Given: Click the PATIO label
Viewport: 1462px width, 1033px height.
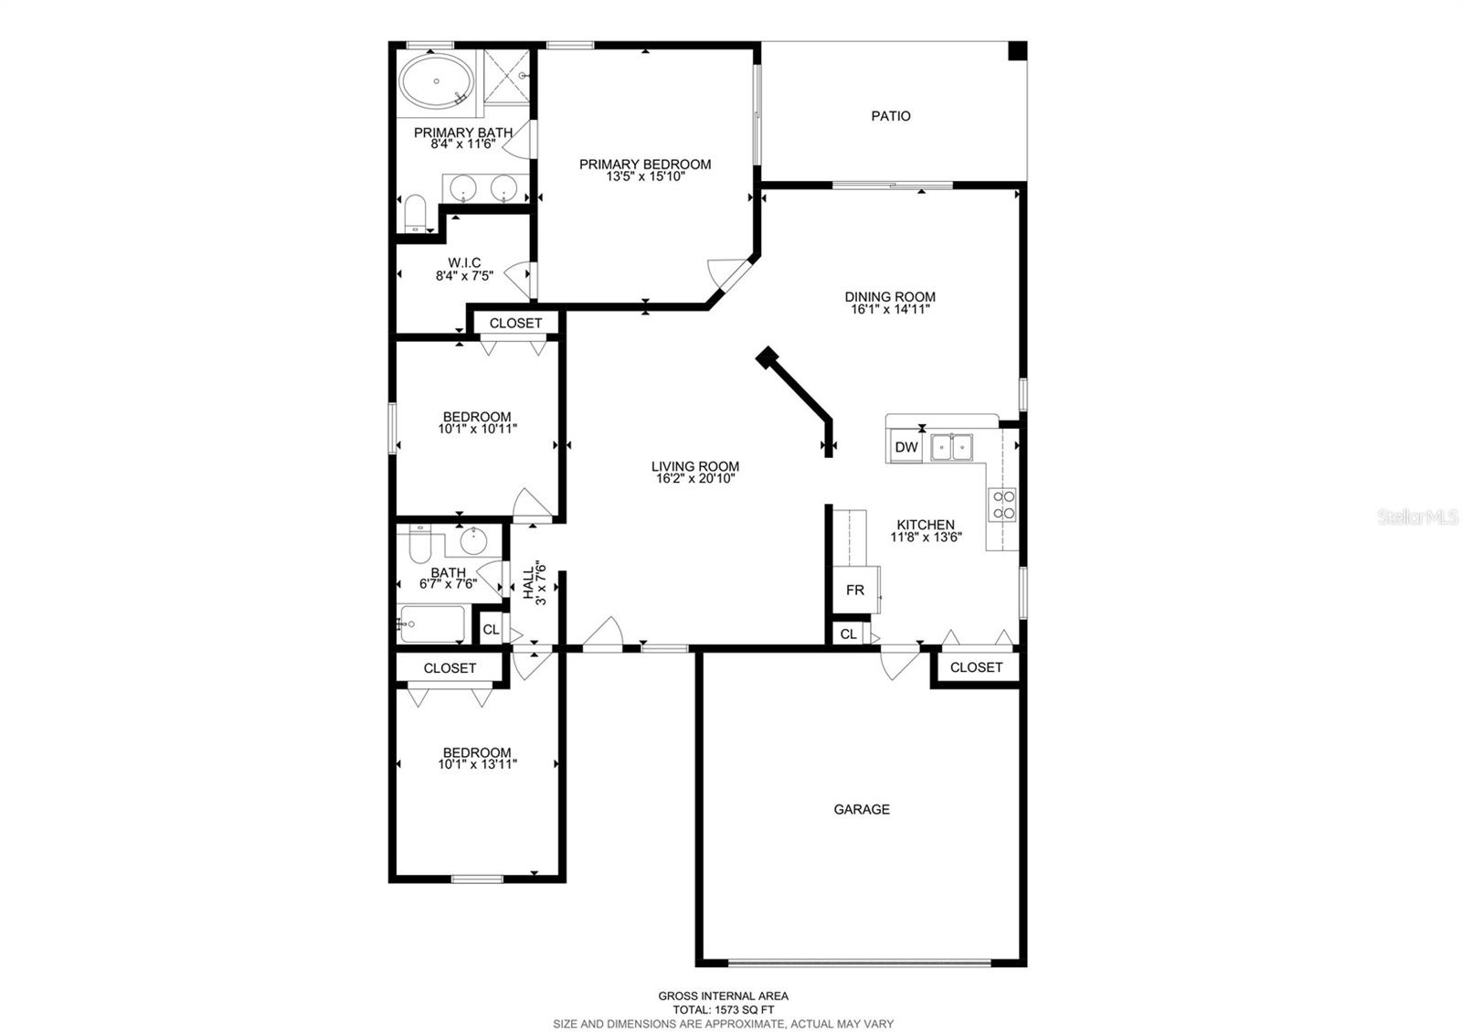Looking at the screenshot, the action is tap(890, 116).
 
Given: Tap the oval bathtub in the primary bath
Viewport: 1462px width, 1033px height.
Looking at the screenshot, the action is tap(436, 81).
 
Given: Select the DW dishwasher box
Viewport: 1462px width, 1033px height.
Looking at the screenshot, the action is tap(906, 447).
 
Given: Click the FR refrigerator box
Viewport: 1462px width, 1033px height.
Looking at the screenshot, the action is tap(855, 591).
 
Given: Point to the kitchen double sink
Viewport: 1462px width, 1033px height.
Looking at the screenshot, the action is tap(951, 447).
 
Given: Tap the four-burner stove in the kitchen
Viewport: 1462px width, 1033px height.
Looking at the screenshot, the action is tap(1002, 504).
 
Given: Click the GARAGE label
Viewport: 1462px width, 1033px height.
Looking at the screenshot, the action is tap(862, 809).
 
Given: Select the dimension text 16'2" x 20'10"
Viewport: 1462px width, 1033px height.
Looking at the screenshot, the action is tap(695, 479).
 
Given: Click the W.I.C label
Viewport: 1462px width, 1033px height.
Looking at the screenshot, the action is tap(464, 262).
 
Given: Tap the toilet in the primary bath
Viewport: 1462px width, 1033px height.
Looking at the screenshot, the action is tap(415, 213).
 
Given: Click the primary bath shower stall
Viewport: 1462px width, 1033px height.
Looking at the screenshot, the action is tap(506, 76).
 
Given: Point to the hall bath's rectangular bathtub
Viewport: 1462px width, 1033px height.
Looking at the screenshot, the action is tap(432, 623).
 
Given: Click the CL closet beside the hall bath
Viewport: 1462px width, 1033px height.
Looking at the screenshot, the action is tap(491, 630).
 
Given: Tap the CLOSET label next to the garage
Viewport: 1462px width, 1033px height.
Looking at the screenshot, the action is tap(976, 667).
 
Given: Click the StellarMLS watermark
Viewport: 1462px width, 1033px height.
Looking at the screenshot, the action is tap(1417, 517).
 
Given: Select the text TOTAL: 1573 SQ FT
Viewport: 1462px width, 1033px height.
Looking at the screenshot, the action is tap(723, 1009).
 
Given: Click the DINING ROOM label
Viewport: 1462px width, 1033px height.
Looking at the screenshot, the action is tap(890, 297).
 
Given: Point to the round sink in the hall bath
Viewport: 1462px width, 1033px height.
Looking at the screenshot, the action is tap(472, 540).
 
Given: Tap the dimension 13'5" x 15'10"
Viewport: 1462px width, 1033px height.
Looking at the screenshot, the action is tap(645, 176).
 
